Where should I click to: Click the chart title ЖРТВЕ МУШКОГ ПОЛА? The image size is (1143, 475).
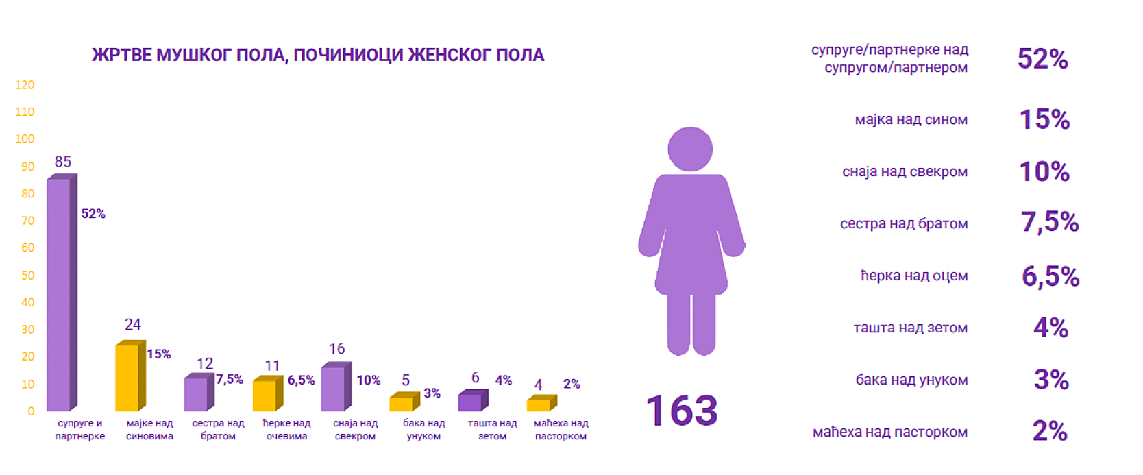pyautogui.click(x=318, y=56)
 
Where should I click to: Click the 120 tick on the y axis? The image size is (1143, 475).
pyautogui.click(x=25, y=85)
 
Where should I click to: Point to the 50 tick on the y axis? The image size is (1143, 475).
pyautogui.click(x=27, y=276)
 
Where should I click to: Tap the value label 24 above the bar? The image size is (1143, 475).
pyautogui.click(x=132, y=324)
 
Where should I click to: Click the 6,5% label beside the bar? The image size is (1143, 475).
pyautogui.click(x=301, y=380)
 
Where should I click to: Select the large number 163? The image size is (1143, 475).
pyautogui.click(x=681, y=411)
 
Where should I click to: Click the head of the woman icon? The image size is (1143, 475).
pyautogui.click(x=690, y=149)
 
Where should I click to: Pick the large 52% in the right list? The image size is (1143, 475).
pyautogui.click(x=1042, y=59)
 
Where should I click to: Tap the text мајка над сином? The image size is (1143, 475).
pyautogui.click(x=911, y=120)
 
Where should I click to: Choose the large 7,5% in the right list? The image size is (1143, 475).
pyautogui.click(x=1049, y=223)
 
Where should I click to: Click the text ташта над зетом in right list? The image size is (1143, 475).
pyautogui.click(x=910, y=328)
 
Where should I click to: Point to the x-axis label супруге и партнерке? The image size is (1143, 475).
pyautogui.click(x=80, y=430)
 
